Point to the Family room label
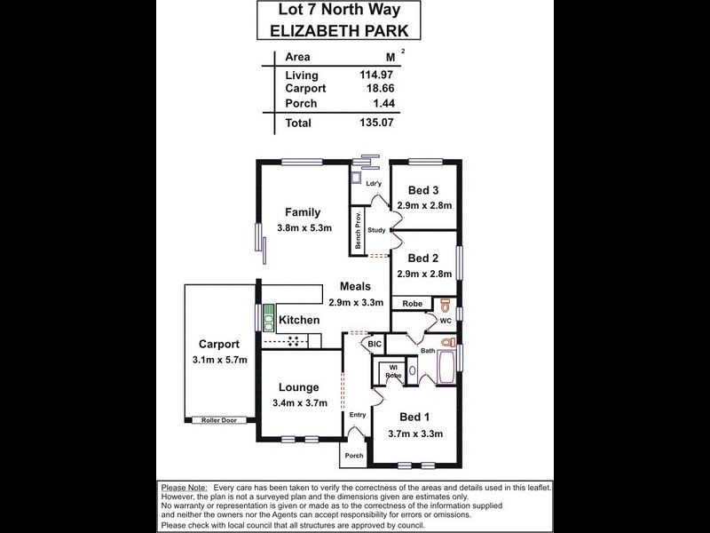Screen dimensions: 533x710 pos(302,211)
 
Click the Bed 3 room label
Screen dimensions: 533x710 pos(423,190)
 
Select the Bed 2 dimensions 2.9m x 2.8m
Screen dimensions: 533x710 pos(424,274)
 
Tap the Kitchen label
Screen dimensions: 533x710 pos(299,320)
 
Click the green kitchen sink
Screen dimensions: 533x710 pos(268,318)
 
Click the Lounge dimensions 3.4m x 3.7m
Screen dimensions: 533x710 pos(301,402)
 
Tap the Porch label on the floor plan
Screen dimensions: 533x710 pos(354,456)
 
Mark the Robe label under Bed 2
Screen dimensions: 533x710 pos(412,304)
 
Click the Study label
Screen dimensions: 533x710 pos(375,231)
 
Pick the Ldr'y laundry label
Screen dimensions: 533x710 pos(374,184)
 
